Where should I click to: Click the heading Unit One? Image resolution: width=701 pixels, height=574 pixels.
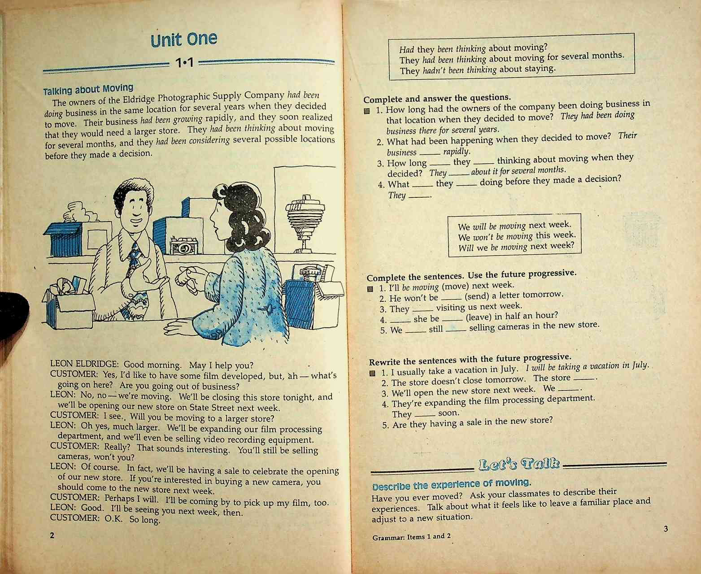[184, 39]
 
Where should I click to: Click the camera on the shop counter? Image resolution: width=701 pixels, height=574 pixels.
[183, 246]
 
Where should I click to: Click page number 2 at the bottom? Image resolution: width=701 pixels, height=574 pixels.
[52, 535]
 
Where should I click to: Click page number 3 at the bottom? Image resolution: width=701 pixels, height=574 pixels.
[666, 529]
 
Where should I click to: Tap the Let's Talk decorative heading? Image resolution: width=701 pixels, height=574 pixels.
[519, 464]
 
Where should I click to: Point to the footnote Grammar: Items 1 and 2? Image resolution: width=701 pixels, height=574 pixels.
[411, 537]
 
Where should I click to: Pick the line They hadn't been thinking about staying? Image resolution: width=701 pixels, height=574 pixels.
[477, 70]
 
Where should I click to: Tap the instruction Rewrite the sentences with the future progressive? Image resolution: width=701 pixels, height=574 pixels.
[470, 359]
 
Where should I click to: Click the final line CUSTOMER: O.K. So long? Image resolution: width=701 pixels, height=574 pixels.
[105, 519]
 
